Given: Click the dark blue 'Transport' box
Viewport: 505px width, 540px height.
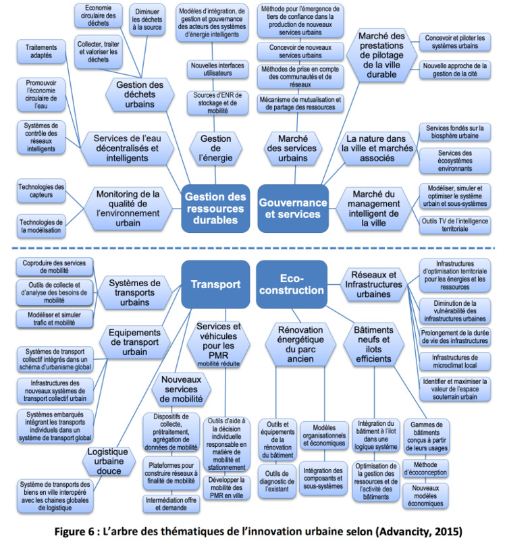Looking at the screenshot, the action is [215, 284].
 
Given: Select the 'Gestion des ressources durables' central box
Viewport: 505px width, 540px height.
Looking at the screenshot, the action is [215, 209].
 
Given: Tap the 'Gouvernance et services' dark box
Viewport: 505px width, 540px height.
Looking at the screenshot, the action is [293, 209].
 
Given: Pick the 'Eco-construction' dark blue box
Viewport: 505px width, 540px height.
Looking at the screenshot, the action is [292, 284].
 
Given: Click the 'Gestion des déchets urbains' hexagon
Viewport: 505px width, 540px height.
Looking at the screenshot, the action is [140, 94].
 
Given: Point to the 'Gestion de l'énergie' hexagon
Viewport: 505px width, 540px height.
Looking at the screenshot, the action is [216, 148].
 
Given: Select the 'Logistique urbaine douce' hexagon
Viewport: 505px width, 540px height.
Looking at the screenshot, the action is [109, 461].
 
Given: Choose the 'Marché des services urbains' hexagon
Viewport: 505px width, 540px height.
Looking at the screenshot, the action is [293, 148].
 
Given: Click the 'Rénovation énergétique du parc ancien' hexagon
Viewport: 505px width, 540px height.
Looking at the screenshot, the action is [300, 344].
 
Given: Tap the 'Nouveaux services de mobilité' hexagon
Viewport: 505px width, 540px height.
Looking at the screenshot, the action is [181, 389].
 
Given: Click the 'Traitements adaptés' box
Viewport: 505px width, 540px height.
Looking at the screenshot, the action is [41, 51].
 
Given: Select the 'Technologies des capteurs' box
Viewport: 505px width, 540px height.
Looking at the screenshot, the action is [41, 191].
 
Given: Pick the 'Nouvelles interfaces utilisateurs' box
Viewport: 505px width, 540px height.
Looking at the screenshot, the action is [217, 70].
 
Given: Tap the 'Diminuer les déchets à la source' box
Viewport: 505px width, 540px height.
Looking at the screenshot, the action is [147, 20].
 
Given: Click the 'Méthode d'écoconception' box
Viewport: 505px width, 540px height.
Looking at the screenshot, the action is [426, 468].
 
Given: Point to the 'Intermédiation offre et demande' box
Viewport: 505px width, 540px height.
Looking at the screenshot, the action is [171, 504].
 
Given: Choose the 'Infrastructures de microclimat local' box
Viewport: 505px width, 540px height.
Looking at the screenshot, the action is [455, 361].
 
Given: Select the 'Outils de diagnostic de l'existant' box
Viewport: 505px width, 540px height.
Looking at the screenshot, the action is [277, 481].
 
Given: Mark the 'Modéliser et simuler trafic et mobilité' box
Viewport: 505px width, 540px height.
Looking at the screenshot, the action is [55, 319].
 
